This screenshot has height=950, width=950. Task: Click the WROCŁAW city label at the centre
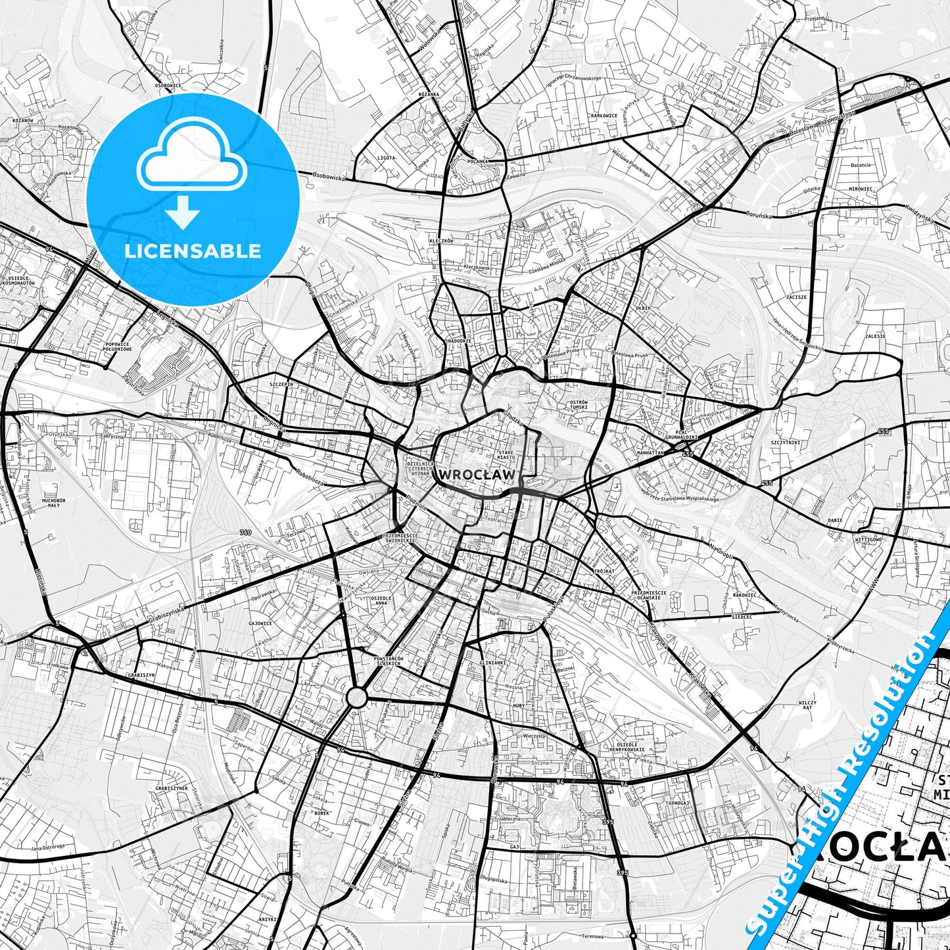tap(478, 474)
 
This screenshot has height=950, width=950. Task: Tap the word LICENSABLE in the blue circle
tap(193, 251)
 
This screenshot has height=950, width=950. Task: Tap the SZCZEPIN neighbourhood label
tap(281, 383)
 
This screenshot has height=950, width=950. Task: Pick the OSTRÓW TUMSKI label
tap(579, 404)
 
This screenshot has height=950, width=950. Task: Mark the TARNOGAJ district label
tap(677, 803)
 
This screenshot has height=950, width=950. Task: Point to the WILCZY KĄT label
tap(807, 705)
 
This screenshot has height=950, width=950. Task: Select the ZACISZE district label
tap(796, 297)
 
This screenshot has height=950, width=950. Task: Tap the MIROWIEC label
tap(861, 189)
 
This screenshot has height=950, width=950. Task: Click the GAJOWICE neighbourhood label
tap(260, 623)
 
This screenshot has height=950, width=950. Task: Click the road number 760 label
tap(245, 532)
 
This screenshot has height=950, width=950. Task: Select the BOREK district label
tap(321, 813)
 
